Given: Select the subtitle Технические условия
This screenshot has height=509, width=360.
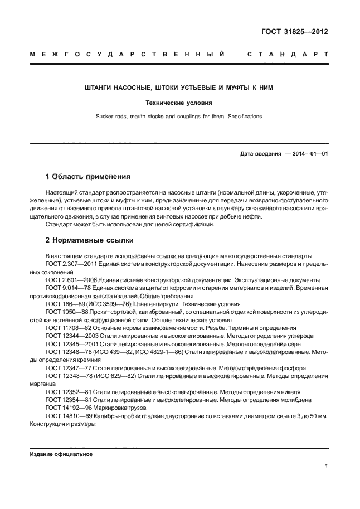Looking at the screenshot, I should pyautogui.click(x=178, y=103).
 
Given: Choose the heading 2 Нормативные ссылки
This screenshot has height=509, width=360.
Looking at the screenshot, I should pyautogui.click(x=89, y=241).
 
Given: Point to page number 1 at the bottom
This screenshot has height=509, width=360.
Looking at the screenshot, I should pyautogui.click(x=325, y=467).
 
